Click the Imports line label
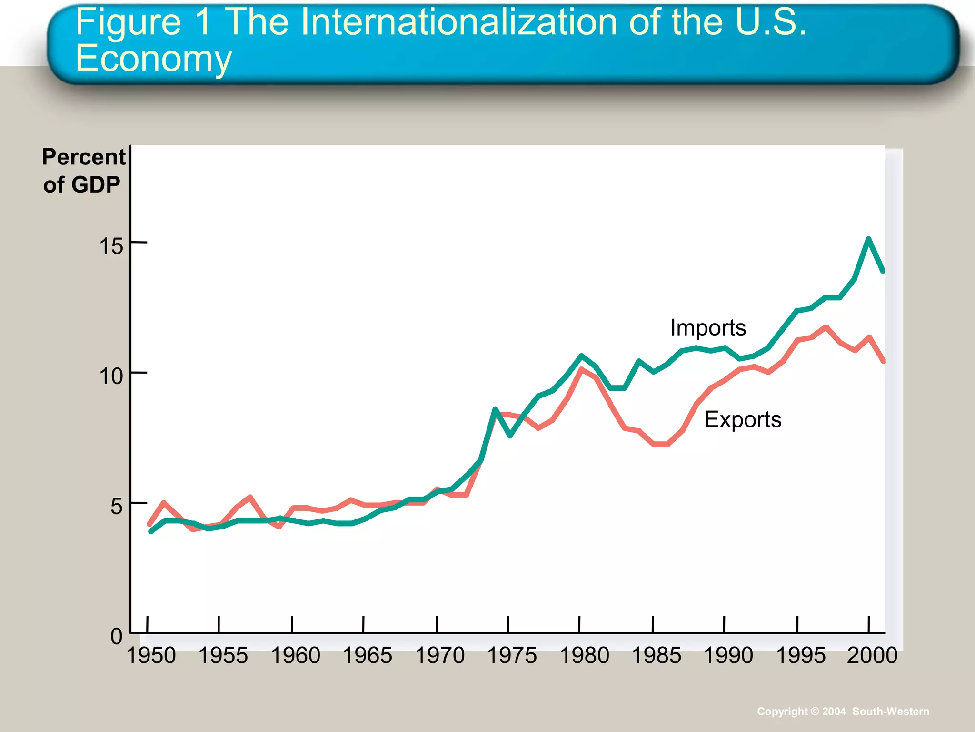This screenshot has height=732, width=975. (707, 328)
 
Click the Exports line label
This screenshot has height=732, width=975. (742, 420)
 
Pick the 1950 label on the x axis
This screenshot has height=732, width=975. (151, 656)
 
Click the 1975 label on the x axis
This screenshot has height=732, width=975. (512, 656)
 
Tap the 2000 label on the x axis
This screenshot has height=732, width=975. (872, 656)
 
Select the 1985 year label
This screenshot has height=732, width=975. (656, 656)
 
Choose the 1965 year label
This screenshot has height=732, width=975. (367, 656)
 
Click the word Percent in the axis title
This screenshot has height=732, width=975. (84, 157)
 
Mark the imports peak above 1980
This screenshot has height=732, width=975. (581, 356)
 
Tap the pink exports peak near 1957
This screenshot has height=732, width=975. (250, 497)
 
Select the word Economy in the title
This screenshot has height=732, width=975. (153, 59)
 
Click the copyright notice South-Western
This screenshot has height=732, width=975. (890, 712)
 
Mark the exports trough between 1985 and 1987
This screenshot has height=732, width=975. (662, 444)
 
